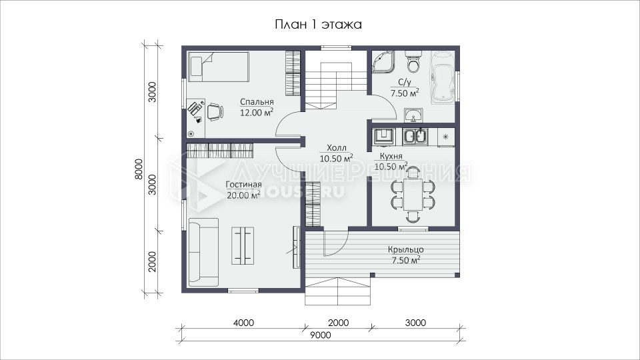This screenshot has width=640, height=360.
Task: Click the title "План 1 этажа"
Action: pyautogui.click(x=319, y=25)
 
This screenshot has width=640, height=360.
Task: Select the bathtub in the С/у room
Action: pyautogui.click(x=443, y=76)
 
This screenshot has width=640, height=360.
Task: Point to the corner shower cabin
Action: pyautogui.click(x=384, y=62)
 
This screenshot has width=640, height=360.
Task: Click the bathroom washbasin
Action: pyautogui.click(x=413, y=115)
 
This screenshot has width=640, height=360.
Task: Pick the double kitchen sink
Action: pyautogui.click(x=415, y=137)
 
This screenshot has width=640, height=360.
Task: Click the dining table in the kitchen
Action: pyautogui.click(x=413, y=194)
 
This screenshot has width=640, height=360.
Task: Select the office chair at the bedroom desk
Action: pyautogui.click(x=215, y=111)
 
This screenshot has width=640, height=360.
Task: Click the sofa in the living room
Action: pyautogui.click(x=204, y=252)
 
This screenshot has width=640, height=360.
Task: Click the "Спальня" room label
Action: pyautogui.click(x=256, y=101)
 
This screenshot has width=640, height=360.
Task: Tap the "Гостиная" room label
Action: pyautogui.click(x=244, y=185)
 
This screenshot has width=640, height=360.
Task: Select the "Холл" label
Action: pyautogui.click(x=336, y=148)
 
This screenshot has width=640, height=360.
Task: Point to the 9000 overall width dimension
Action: pyautogui.click(x=321, y=335)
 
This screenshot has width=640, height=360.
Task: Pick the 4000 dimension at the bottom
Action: pyautogui.click(x=244, y=323)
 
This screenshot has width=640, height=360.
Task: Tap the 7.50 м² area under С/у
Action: pyautogui.click(x=405, y=93)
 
